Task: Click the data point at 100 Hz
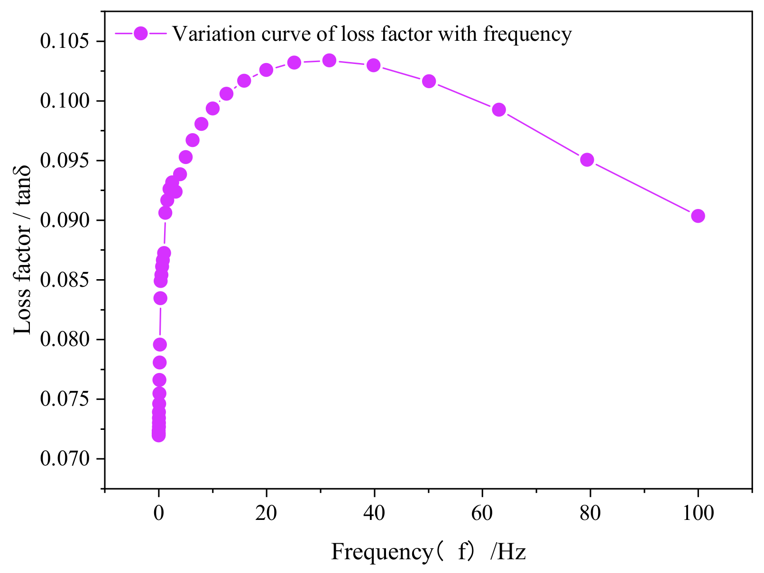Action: click(698, 216)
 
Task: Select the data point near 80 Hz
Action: click(587, 160)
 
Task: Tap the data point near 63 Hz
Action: click(499, 110)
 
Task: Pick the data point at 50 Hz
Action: click(429, 81)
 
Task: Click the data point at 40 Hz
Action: click(374, 65)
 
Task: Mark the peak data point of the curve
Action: click(330, 60)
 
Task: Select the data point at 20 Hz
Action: click(267, 70)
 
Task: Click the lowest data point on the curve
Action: click(158, 435)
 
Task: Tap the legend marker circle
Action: click(141, 33)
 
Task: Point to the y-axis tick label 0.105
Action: click(64, 42)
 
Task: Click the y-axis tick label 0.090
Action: click(64, 220)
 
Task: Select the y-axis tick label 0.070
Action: click(64, 459)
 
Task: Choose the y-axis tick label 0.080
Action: click(64, 340)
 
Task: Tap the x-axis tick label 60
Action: click(482, 513)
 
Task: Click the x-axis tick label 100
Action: click(698, 513)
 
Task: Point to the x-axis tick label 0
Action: click(158, 513)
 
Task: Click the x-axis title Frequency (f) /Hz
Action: click(428, 552)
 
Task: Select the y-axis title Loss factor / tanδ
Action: click(22, 250)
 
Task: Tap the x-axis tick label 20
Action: click(266, 513)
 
